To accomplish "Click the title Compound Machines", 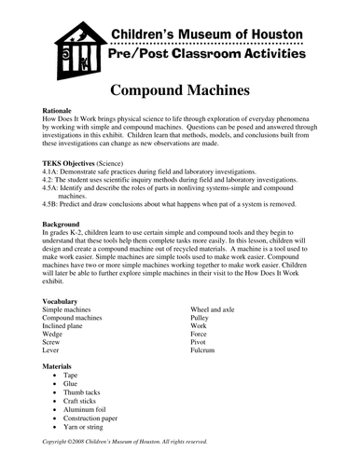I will pyautogui.click(x=179, y=93).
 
